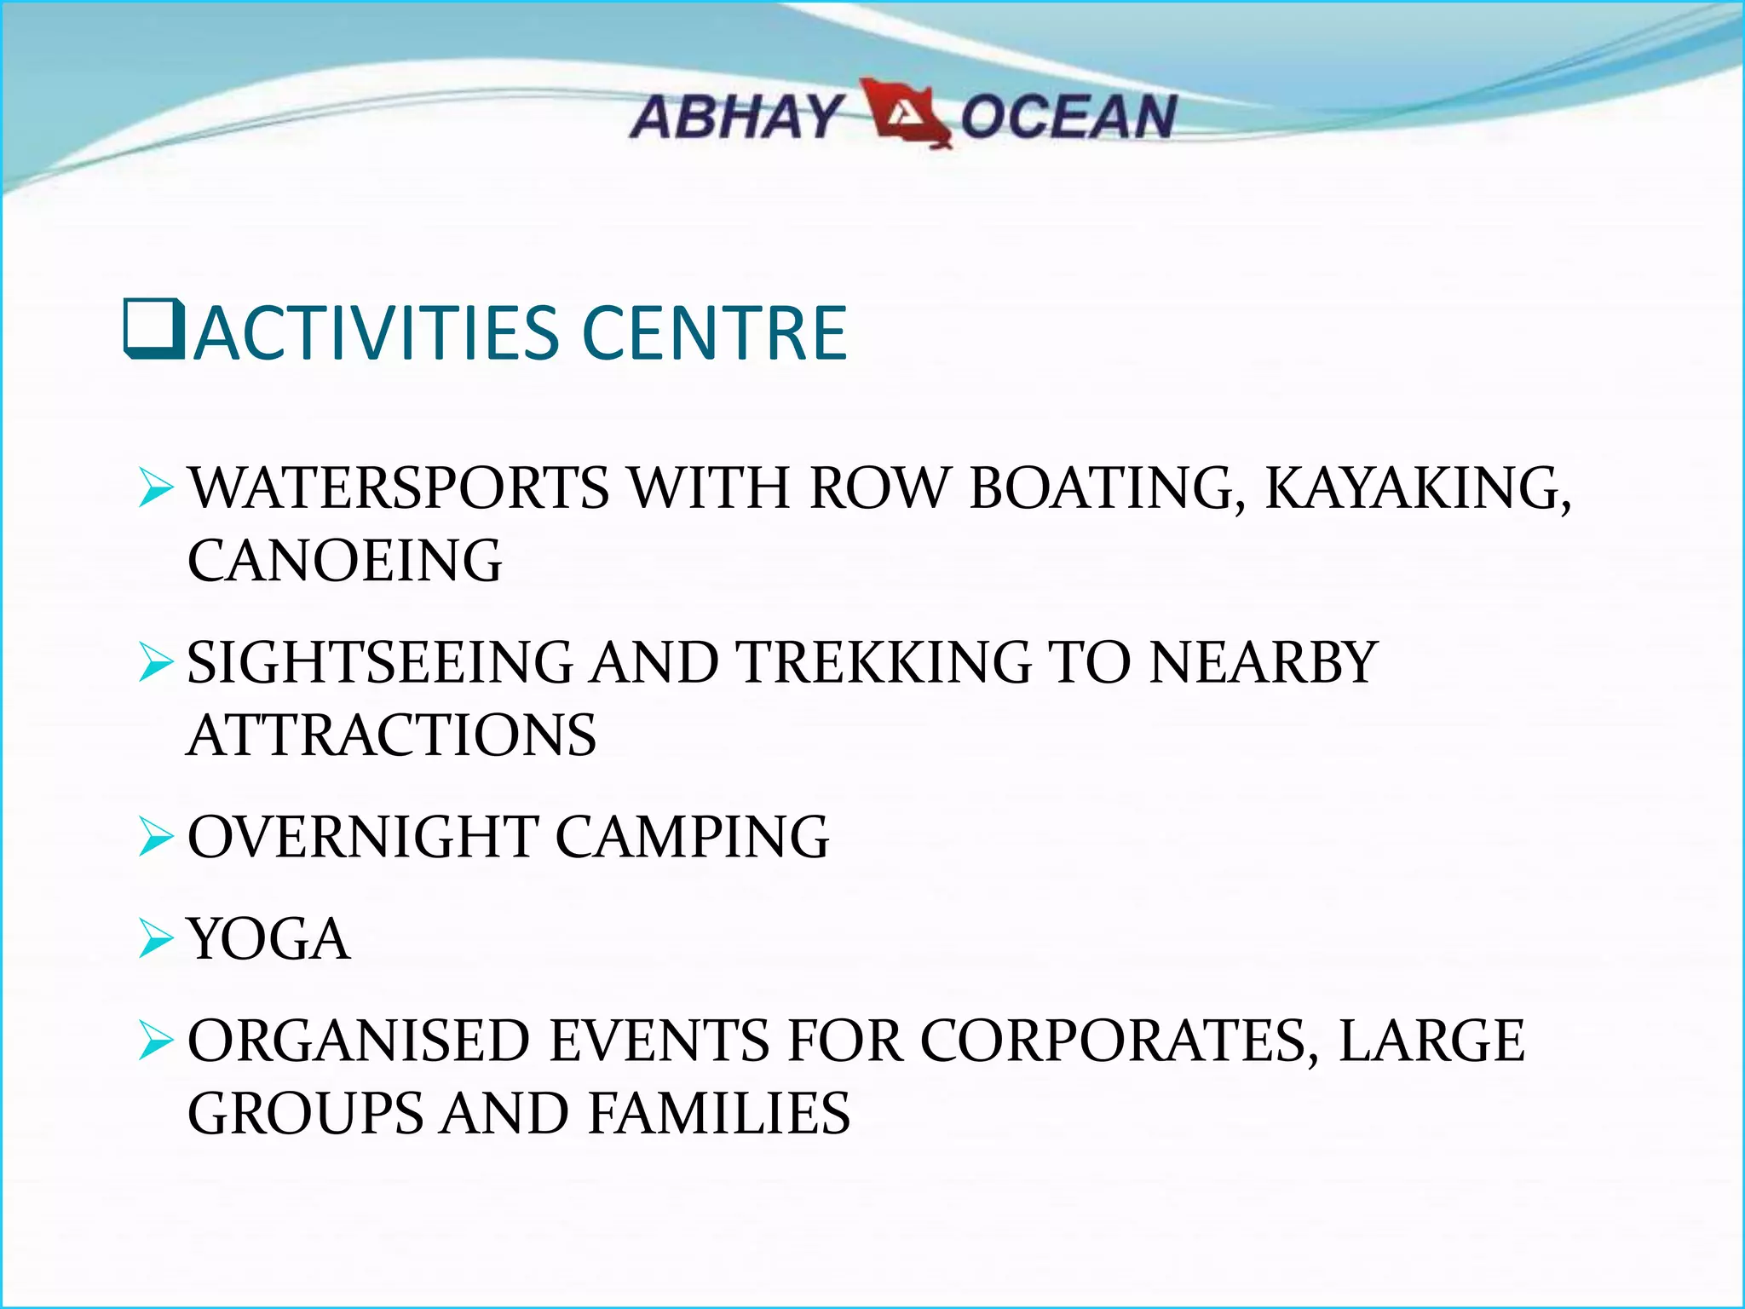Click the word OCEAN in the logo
tap(1068, 118)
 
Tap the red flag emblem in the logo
tap(905, 113)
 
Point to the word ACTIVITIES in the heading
tap(375, 333)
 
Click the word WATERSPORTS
tap(399, 488)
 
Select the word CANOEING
tap(344, 561)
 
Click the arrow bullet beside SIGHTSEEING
tap(156, 663)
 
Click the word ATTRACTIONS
tap(391, 735)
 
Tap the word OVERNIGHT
tap(362, 837)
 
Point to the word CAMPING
tap(692, 837)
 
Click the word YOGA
tap(268, 939)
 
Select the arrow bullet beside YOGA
tap(156, 939)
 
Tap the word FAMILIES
tap(719, 1114)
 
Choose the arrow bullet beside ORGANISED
tap(156, 1041)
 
